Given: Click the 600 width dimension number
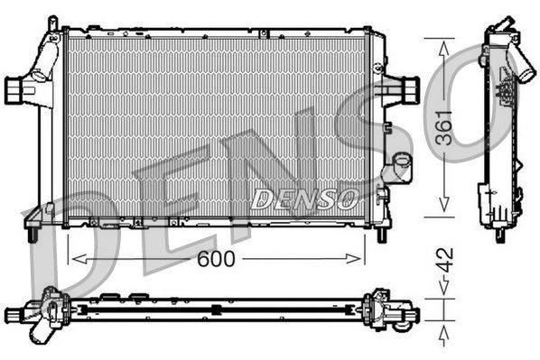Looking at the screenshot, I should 215,259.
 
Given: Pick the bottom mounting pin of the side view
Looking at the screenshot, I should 499,234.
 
